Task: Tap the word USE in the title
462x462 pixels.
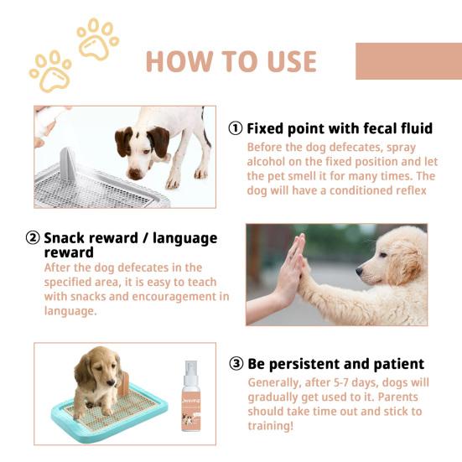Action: tap(286, 61)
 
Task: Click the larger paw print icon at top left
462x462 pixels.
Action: tap(50, 71)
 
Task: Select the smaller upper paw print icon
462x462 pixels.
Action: tap(96, 39)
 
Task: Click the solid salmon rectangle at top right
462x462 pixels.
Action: tap(408, 61)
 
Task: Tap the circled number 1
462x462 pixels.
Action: tap(236, 129)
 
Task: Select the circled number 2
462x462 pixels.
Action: tap(33, 238)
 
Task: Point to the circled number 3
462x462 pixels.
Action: tap(236, 364)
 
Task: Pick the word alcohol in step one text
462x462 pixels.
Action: tap(267, 162)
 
